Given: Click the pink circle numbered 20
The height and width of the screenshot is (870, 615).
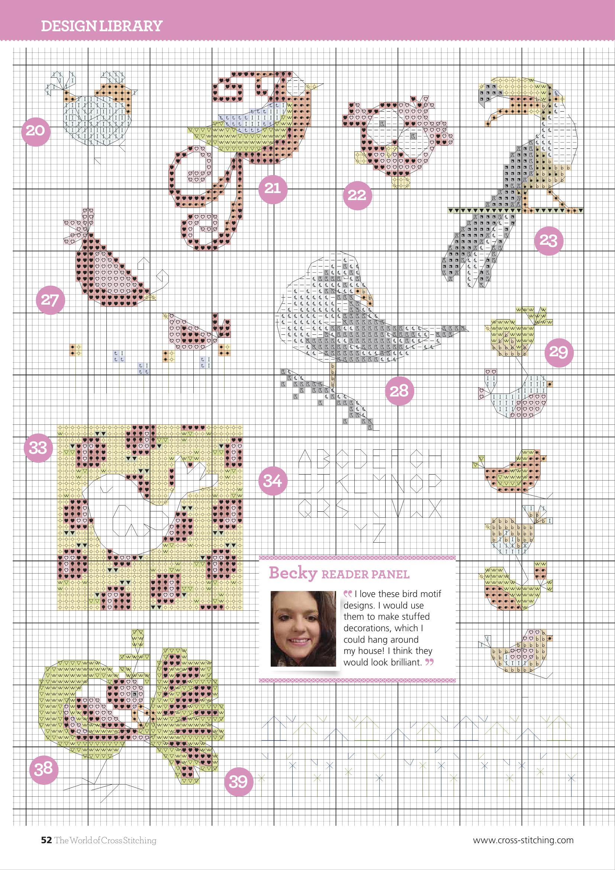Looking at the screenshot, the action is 36,131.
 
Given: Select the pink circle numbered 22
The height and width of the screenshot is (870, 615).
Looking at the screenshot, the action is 357,195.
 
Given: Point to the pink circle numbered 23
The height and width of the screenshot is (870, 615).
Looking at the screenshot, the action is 548,240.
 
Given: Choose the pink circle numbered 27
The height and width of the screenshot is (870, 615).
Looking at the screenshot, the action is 50,300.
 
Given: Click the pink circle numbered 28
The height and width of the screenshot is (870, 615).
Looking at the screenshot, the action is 399,391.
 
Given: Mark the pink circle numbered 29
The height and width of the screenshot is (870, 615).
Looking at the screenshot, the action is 558,352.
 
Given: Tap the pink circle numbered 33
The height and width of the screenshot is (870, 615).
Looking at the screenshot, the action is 38,448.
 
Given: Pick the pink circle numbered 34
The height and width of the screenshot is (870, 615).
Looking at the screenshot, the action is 273,481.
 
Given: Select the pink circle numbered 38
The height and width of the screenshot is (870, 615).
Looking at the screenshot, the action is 44,769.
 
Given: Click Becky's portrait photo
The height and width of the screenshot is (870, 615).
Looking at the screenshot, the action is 303,629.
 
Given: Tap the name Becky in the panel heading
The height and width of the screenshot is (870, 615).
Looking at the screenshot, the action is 293,573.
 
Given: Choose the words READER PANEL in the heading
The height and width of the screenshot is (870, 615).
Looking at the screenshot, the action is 366,574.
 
